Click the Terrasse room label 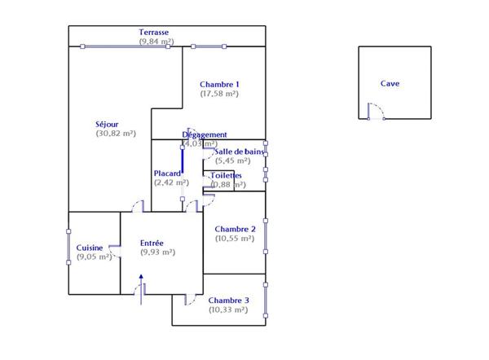tap(155, 32)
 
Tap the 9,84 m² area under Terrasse tap(156, 42)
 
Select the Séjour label tap(108, 124)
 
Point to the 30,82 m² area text tap(116, 134)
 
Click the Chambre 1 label tap(219, 84)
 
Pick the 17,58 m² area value tap(219, 94)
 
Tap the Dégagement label tap(205, 134)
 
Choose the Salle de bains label tap(239, 151)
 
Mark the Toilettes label tap(227, 175)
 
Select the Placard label tap(168, 173)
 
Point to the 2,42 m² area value tap(171, 182)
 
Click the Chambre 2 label tap(236, 229)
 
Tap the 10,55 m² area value tap(235, 239)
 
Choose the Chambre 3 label tap(229, 300)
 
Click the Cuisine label tap(90, 248)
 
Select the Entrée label tap(152, 243)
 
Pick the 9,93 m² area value tap(158, 252)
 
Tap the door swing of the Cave tap(376, 109)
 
